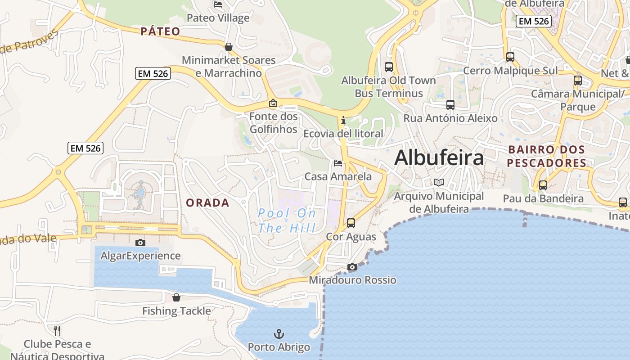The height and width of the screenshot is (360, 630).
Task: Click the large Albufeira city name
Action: pos(439,158)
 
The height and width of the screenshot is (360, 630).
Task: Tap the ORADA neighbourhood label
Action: pos(208,203)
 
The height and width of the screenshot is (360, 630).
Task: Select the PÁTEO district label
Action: pos(160,31)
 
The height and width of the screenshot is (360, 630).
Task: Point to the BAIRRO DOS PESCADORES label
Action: pos(547,156)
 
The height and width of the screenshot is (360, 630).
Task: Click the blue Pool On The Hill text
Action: pos(287,220)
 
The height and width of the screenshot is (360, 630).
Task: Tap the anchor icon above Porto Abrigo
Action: pos(279,334)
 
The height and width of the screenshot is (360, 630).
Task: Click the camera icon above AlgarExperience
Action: pos(140,243)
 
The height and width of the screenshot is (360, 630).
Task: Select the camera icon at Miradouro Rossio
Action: pos(352,267)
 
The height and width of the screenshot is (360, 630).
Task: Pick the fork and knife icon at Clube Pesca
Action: pos(57,331)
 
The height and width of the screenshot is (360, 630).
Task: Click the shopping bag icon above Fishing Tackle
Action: pos(176,297)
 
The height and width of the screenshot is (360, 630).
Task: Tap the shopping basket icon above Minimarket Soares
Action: pos(229,47)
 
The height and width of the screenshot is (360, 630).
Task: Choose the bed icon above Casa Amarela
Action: pos(338,163)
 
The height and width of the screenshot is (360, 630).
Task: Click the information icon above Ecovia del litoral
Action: pos(343,120)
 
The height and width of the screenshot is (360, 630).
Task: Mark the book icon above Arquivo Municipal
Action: pos(439,182)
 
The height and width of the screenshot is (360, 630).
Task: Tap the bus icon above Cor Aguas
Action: pos(351,223)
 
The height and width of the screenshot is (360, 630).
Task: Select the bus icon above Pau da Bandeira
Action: pos(543,185)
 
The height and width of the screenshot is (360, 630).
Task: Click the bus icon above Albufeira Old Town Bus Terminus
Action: pos(389,67)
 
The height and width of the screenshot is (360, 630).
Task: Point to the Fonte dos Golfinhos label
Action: pos(274,123)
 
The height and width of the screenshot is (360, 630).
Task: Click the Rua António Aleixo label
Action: pos(450,118)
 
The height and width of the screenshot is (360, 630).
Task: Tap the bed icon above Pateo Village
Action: pos(218,4)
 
